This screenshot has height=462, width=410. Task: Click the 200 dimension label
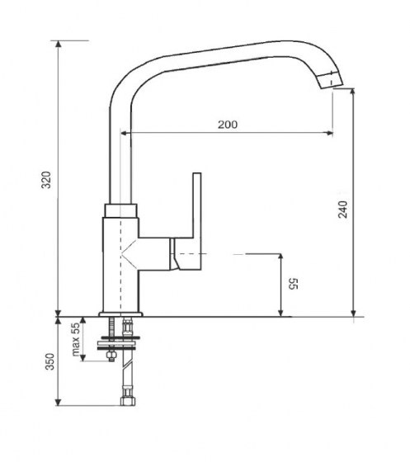(x=228, y=125)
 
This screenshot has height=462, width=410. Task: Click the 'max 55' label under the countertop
(x=76, y=339)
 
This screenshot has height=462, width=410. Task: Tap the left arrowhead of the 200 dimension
(x=125, y=132)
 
